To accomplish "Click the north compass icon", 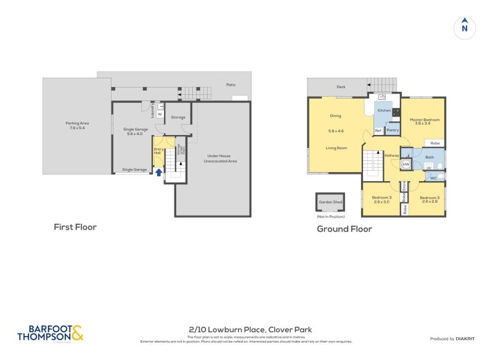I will click(x=465, y=27).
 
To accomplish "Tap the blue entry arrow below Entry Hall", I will click(x=158, y=173).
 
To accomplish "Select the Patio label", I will click(x=230, y=84).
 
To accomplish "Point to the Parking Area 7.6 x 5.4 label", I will click(x=78, y=126).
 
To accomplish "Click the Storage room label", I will click(x=178, y=117).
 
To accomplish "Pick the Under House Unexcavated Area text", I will click(x=221, y=158).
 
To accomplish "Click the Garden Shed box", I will click(x=327, y=203).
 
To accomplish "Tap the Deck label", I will click(x=341, y=87).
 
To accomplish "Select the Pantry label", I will click(x=393, y=130).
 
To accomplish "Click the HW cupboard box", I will click(x=405, y=165).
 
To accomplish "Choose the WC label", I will click(x=433, y=178).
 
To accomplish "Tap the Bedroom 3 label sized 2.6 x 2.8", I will click(x=428, y=200).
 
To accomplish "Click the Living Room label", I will click(x=336, y=148).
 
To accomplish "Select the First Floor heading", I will click(x=75, y=227).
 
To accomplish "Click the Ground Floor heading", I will click(x=344, y=229).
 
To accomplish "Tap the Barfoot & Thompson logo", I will click(x=50, y=333).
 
